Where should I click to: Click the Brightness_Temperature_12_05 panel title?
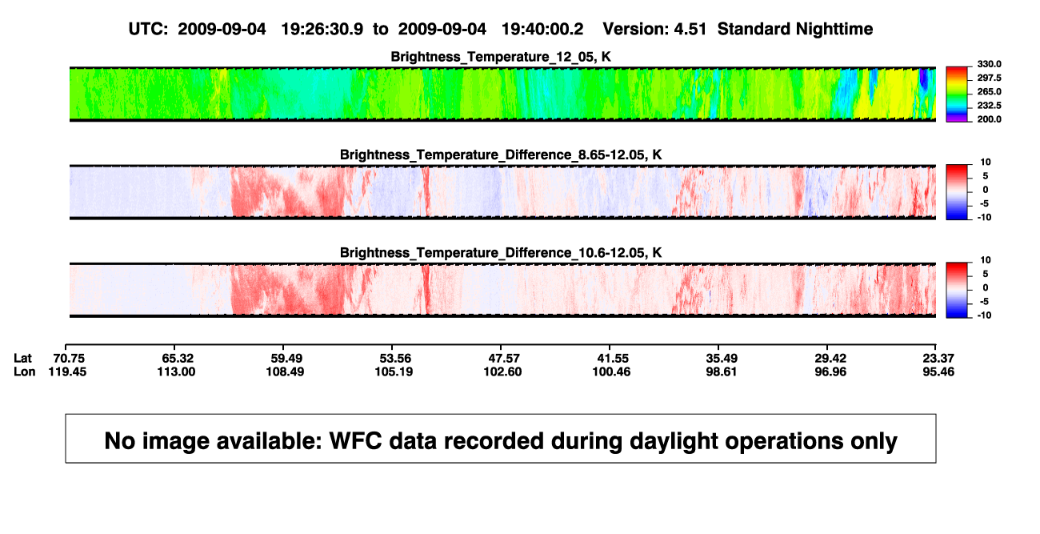click(x=501, y=57)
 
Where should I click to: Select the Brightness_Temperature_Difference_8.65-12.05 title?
click(x=501, y=155)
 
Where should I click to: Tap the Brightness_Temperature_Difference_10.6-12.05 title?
click(x=501, y=253)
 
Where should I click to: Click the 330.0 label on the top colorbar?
click(x=989, y=64)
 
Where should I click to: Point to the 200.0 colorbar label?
click(x=989, y=119)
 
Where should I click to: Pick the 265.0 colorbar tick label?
click(x=989, y=91)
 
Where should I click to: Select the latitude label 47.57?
click(x=504, y=359)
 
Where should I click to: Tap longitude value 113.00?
click(x=176, y=371)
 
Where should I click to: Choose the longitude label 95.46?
click(x=938, y=371)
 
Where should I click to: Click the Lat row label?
click(x=22, y=359)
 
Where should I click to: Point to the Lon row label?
click(x=25, y=371)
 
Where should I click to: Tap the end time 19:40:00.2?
click(x=542, y=29)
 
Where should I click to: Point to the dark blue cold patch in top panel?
click(x=923, y=79)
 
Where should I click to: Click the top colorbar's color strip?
click(x=957, y=94)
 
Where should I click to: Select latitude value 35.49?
click(x=722, y=359)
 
